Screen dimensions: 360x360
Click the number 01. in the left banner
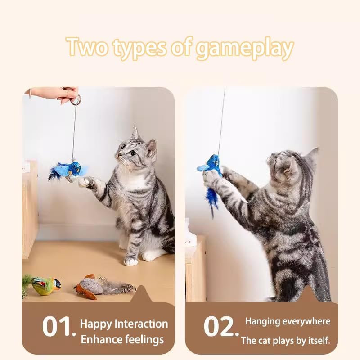coord(58,326)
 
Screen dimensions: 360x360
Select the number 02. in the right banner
coord(221,326)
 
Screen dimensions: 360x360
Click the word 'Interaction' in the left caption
coord(141,324)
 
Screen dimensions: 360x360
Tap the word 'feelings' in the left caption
coord(142,339)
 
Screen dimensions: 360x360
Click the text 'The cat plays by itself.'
coord(285,341)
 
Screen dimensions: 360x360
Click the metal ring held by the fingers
coord(76,100)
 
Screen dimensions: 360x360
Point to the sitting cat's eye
coord(134,153)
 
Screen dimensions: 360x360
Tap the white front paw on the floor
coord(131,261)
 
